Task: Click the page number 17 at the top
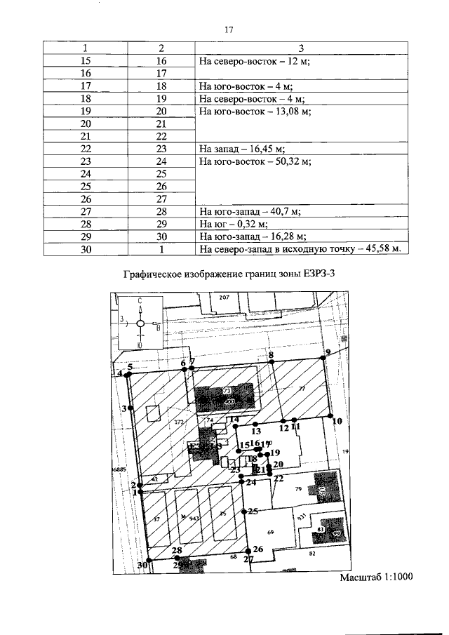coord(227,30)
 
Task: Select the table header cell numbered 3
coord(300,48)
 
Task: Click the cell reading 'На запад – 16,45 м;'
coord(241,149)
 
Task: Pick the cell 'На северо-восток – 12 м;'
coord(255,61)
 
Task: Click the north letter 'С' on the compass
coord(140,300)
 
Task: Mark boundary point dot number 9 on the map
coord(326,357)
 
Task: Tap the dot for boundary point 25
coord(246,512)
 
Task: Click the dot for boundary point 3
coord(131,408)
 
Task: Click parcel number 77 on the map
coord(302,389)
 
